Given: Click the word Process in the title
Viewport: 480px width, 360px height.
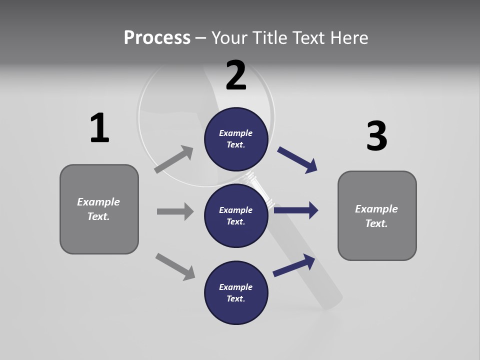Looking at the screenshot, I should pos(157,37).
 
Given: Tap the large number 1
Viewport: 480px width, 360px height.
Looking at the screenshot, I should pos(99,128).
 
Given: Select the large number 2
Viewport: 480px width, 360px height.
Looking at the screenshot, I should pos(236,75).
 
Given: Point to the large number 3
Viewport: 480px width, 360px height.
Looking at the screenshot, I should pos(376,136).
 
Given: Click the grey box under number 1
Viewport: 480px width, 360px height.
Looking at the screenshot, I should pos(99,209).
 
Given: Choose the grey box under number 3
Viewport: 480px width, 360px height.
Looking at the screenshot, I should pos(377,216).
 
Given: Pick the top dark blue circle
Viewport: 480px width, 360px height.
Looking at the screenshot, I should pos(236,139).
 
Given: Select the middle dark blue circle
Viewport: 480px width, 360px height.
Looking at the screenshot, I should pos(236,216).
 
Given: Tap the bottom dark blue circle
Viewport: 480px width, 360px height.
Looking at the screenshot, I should pos(236,292).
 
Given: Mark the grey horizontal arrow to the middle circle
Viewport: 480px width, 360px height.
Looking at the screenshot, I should pos(175,211).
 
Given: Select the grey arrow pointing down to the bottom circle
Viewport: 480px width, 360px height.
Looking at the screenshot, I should pos(175,266).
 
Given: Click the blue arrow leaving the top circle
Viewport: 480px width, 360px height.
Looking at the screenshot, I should pos(297,160).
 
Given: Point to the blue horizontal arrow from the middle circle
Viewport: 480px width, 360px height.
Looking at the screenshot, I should pos(296,210).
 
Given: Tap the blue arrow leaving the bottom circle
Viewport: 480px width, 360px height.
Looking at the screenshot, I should pos(294,265).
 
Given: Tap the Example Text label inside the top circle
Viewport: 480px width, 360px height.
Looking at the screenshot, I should pos(236,139).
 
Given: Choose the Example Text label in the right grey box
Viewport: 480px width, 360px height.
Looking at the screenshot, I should pos(376,216).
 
